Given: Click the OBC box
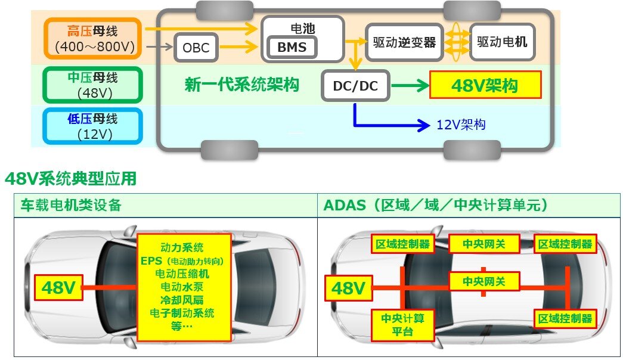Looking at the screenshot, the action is tap(196, 48).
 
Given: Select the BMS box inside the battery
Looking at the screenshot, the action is tap(292, 47).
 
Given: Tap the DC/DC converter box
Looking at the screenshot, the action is tap(355, 85).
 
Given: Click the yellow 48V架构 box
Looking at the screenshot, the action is tap(485, 85).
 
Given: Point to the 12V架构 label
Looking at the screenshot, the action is tap(461, 125).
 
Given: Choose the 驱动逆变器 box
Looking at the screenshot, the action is tap(404, 42).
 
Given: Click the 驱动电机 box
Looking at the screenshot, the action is tap(502, 42).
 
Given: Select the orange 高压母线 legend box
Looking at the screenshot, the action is tap(93, 39).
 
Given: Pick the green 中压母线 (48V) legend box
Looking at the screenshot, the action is tap(93, 85).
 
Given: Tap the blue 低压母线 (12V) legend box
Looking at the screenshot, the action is tap(93, 126).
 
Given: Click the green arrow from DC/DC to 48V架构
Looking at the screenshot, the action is tap(410, 85).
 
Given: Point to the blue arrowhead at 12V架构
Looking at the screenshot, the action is tap(424, 125).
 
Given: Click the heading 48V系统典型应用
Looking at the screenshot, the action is tap(71, 179).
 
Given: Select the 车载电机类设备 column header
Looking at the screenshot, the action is tap(71, 205).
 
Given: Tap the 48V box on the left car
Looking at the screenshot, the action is tap(58, 287).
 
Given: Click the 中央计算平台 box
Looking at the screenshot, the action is tap(402, 325).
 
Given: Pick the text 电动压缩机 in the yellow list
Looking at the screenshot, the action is tap(182, 274).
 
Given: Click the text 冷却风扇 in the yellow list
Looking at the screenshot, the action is tap(182, 300).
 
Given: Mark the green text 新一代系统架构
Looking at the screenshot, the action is tap(241, 85).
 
